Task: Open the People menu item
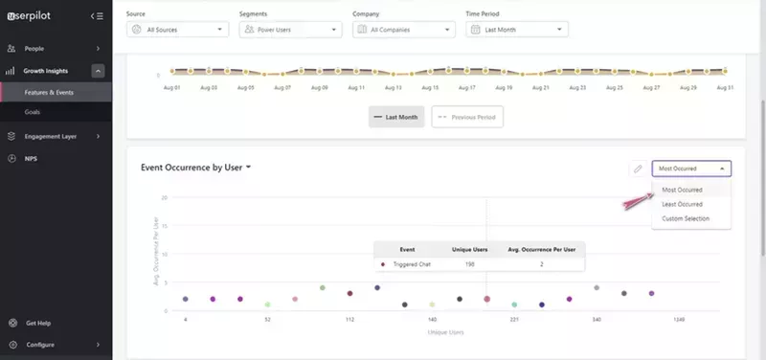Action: (34, 48)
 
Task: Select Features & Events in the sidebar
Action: (50, 92)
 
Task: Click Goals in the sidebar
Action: (33, 112)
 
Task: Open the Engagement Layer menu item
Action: (50, 136)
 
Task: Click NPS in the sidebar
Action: (32, 158)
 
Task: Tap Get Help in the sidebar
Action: (39, 324)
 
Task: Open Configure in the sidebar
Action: (40, 345)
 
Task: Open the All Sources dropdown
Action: (178, 30)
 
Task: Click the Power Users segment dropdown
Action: (291, 30)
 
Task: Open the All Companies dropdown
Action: (404, 30)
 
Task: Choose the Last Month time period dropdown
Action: (517, 30)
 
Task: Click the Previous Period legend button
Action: (467, 116)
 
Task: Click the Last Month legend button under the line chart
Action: (395, 116)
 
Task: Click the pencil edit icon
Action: (638, 169)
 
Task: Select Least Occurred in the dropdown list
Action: (682, 204)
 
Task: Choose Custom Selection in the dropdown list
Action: (686, 218)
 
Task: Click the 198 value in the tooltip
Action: (469, 263)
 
